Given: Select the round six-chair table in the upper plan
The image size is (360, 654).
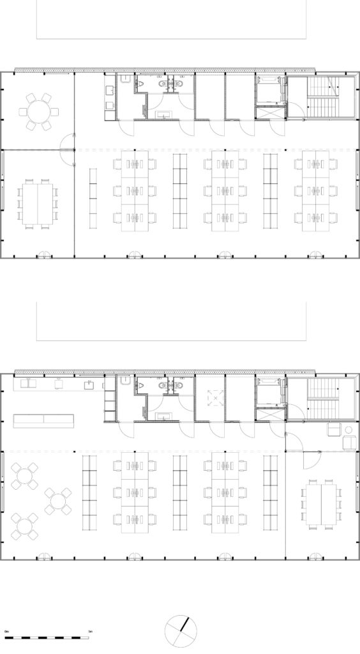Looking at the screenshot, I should (x=38, y=112).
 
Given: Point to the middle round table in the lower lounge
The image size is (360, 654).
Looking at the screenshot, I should (x=58, y=500).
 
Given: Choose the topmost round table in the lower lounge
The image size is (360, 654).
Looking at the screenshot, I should (x=24, y=476).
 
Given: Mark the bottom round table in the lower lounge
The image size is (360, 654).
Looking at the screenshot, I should (x=24, y=526).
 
